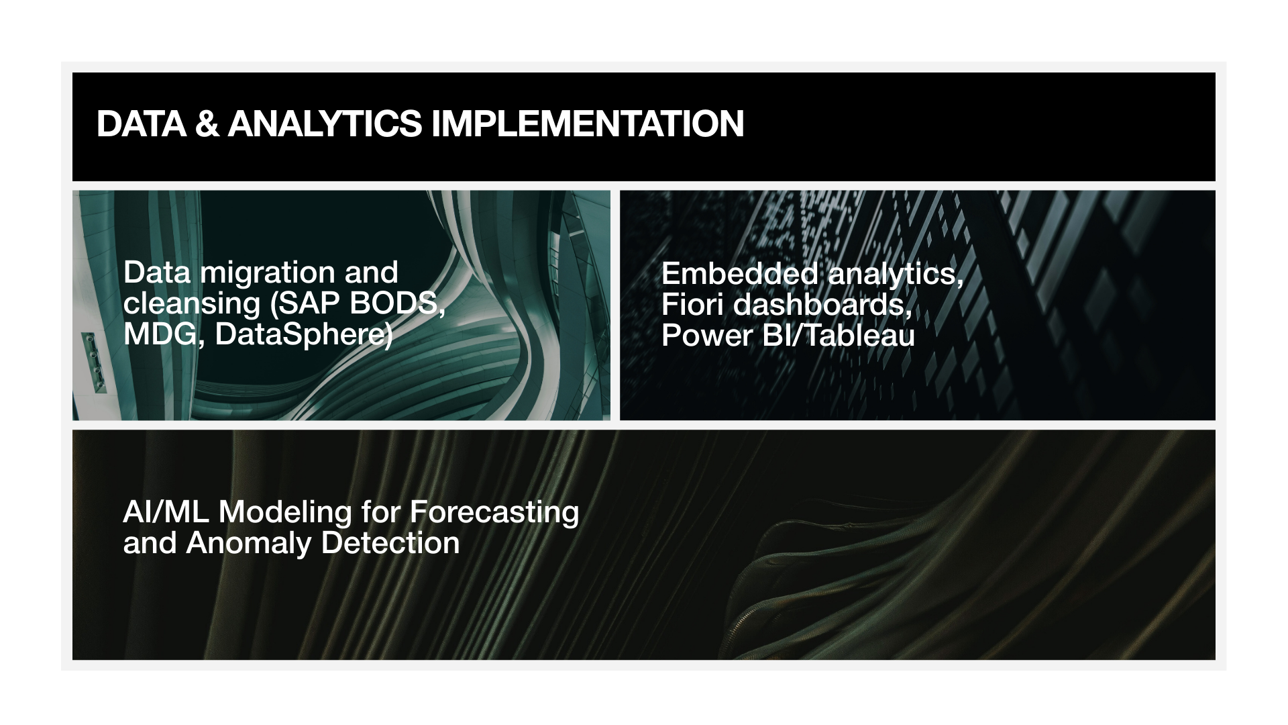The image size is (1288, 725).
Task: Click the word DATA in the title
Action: pyautogui.click(x=142, y=124)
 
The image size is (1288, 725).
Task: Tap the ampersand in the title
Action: pyautogui.click(x=207, y=124)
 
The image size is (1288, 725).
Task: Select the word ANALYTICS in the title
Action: pyautogui.click(x=325, y=124)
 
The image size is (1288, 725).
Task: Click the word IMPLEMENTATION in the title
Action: pyautogui.click(x=588, y=124)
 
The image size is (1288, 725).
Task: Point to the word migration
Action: pyautogui.click(x=268, y=273)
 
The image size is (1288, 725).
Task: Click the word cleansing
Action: pyautogui.click(x=192, y=304)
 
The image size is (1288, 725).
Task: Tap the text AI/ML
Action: pyautogui.click(x=166, y=512)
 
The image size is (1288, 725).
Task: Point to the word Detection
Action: pyautogui.click(x=390, y=543)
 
